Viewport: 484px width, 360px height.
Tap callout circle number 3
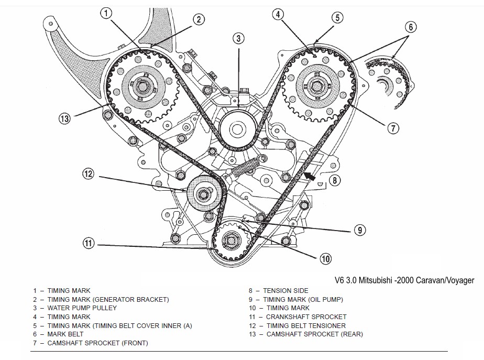coord(238,38)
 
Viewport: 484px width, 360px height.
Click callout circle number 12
coord(89,173)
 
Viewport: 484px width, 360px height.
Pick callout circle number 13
coord(64,118)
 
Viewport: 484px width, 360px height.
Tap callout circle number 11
coord(89,243)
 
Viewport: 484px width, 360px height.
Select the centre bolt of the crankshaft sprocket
coord(230,241)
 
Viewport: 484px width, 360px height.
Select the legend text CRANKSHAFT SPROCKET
coord(299,317)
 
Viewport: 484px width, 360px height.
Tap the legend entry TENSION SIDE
coord(285,290)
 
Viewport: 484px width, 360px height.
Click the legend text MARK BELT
coord(65,334)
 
